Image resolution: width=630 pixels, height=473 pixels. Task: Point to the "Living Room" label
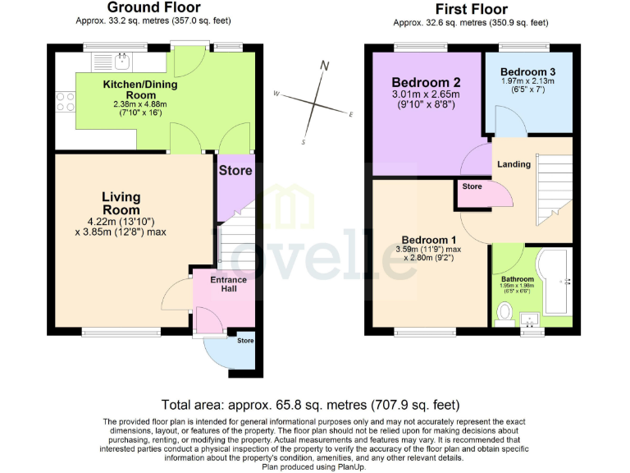coord(121,203)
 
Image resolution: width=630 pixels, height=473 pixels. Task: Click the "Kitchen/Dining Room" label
coord(139,90)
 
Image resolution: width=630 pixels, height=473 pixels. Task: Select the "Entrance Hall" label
coord(228,285)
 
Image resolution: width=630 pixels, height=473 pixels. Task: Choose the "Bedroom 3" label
coord(527,71)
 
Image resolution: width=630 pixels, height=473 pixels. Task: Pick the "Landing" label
coord(514,163)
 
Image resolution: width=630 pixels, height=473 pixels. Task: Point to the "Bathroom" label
coord(517,279)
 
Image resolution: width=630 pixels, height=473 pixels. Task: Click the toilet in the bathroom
coord(505,312)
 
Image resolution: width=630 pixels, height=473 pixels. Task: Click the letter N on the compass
coord(325,66)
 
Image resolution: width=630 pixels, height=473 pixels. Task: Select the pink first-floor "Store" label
coord(472,186)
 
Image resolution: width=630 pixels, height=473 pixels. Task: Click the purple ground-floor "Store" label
coord(236,171)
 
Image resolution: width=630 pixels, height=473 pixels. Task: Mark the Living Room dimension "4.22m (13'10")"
coord(121,220)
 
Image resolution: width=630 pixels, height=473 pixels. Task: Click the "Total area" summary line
coord(310,405)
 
